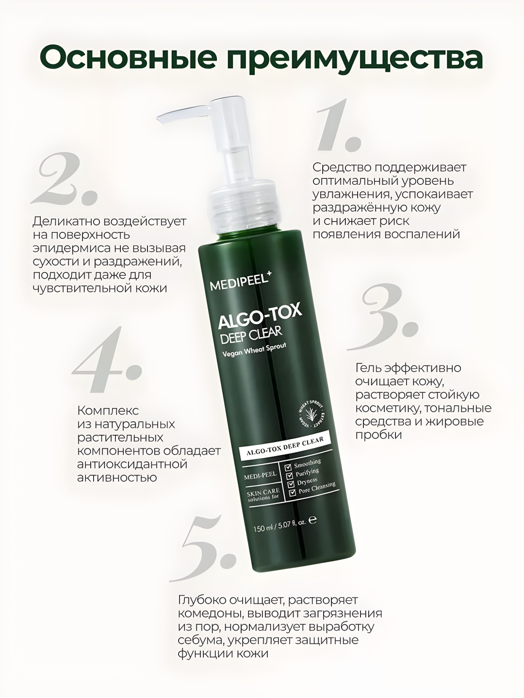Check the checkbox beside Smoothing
tap(288, 468)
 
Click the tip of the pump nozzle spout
tap(162, 123)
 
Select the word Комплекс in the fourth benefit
tap(108, 411)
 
